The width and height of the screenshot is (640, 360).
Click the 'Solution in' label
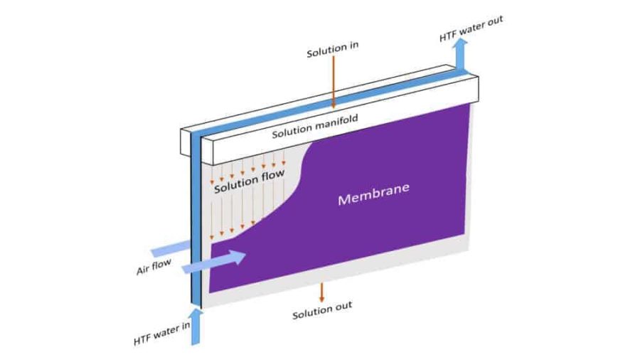click(x=332, y=53)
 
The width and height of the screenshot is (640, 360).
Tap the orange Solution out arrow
click(x=321, y=292)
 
